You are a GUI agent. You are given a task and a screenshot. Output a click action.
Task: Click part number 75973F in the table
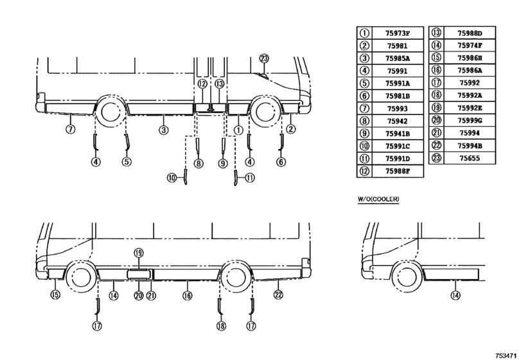point(398,33)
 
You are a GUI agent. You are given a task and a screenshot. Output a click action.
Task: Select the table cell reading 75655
point(470,158)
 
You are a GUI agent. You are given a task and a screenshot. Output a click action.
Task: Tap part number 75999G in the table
point(470,121)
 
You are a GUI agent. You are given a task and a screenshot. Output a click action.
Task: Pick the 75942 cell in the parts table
point(398,122)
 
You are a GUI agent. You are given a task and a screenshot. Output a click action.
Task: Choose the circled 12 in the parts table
point(364,171)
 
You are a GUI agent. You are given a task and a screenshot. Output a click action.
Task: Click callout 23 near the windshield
point(264,59)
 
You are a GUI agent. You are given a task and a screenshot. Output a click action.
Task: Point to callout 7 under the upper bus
point(71,129)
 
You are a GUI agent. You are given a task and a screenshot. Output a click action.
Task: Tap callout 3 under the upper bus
point(163,130)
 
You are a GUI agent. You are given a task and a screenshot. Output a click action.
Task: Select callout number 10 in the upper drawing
point(172,178)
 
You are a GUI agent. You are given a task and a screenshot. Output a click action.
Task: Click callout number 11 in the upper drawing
point(250,178)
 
